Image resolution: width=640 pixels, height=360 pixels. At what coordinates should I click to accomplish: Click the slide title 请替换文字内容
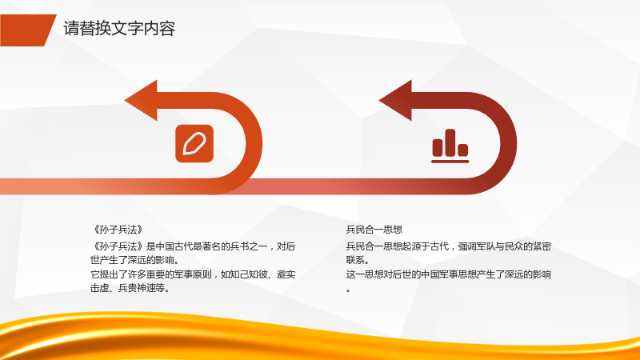[x=119, y=29]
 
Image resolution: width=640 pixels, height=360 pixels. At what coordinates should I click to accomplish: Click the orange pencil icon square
[x=194, y=144]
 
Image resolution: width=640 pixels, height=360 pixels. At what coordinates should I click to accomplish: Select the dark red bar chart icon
[x=450, y=146]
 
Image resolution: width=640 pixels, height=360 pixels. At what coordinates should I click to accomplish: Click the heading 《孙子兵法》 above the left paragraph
[x=118, y=230]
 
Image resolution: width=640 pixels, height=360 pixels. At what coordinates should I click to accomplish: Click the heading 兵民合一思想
[x=374, y=230]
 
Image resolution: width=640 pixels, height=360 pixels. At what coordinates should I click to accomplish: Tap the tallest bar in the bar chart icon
[x=450, y=142]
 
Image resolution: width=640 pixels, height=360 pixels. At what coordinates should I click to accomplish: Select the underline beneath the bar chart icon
[x=450, y=162]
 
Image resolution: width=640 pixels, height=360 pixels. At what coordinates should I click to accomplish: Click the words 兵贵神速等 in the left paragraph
[x=142, y=288]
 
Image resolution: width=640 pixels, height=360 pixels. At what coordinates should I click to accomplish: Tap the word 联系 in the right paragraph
[x=355, y=260]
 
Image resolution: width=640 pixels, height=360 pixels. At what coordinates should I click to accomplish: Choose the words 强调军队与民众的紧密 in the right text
[x=505, y=246]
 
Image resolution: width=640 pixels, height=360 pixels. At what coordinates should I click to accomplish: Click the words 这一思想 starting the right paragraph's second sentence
[x=365, y=274]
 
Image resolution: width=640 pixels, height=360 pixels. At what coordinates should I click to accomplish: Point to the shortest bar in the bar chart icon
[x=463, y=150]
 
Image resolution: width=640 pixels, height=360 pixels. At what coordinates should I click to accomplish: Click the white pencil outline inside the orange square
[x=194, y=144]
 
